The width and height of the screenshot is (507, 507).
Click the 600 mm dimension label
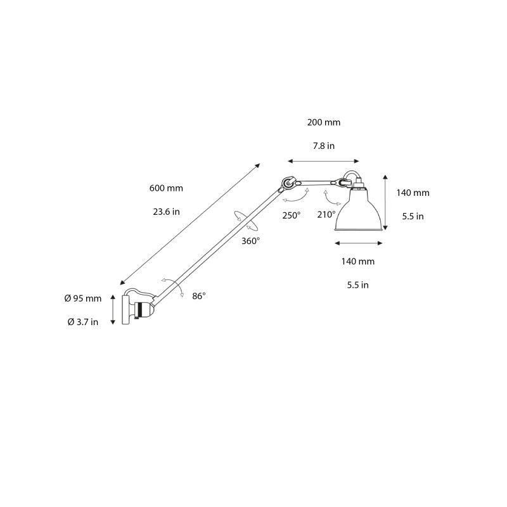(x=166, y=188)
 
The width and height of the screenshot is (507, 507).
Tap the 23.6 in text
(x=166, y=212)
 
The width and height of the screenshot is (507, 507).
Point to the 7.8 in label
(x=323, y=146)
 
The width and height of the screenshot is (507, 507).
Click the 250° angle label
(x=292, y=215)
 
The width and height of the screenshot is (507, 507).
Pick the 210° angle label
(x=326, y=214)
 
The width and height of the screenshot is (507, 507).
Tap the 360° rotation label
(x=250, y=241)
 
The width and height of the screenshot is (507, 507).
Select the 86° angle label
(x=199, y=296)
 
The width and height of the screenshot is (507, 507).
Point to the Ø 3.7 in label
(x=82, y=322)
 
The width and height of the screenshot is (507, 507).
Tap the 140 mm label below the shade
(x=358, y=261)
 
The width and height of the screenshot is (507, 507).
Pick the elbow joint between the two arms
(x=288, y=184)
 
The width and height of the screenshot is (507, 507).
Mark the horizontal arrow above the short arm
(x=323, y=162)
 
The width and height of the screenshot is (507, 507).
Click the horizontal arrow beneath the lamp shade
(x=358, y=243)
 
